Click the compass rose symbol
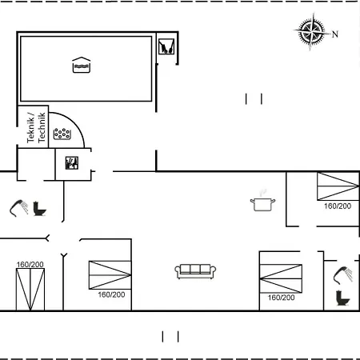click(311, 31)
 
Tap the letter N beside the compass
click(335, 34)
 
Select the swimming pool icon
click(82, 65)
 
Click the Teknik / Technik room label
click(36, 127)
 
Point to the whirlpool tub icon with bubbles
click(62, 134)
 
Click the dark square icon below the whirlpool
click(72, 163)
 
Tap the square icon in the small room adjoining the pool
click(166, 46)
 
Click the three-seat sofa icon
click(195, 271)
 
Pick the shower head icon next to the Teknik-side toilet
click(19, 208)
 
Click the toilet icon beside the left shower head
click(39, 209)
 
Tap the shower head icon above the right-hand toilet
click(343, 275)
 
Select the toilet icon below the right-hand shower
click(342, 298)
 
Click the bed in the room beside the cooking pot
click(338, 186)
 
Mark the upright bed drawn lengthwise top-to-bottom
click(30, 290)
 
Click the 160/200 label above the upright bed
click(30, 265)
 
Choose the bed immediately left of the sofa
click(110, 275)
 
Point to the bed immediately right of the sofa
click(281, 278)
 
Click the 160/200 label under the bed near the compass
click(338, 206)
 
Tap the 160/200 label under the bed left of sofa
click(111, 294)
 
